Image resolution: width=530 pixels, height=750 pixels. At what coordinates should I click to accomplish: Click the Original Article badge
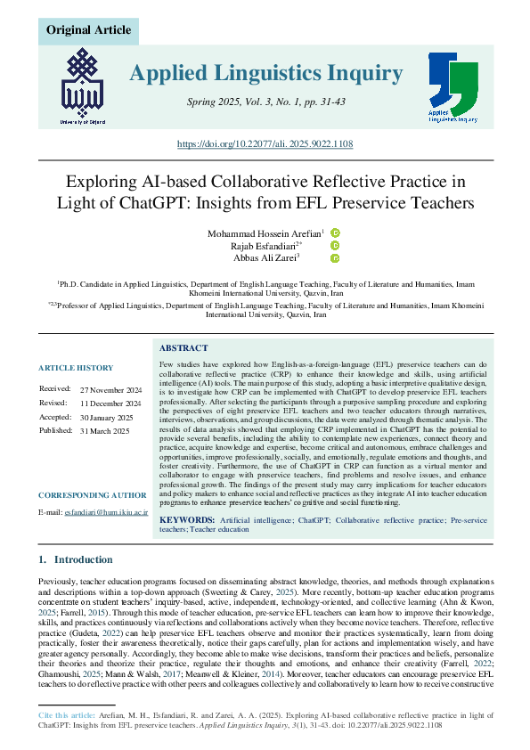[88, 30]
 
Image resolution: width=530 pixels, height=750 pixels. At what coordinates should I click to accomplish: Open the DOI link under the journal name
[265, 143]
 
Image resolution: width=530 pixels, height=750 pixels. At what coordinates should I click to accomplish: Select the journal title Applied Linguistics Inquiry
[265, 73]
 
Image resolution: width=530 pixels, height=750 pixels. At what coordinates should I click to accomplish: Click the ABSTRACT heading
[183, 348]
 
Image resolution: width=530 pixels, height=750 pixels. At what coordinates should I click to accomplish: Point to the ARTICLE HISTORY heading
[76, 368]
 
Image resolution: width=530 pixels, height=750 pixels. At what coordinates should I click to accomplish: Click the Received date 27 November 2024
[110, 390]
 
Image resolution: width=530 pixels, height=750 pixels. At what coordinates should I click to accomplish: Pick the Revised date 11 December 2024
[110, 404]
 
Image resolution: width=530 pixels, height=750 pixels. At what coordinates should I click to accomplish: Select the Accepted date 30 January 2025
[106, 417]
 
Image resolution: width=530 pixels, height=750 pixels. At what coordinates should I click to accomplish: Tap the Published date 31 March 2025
[104, 431]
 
